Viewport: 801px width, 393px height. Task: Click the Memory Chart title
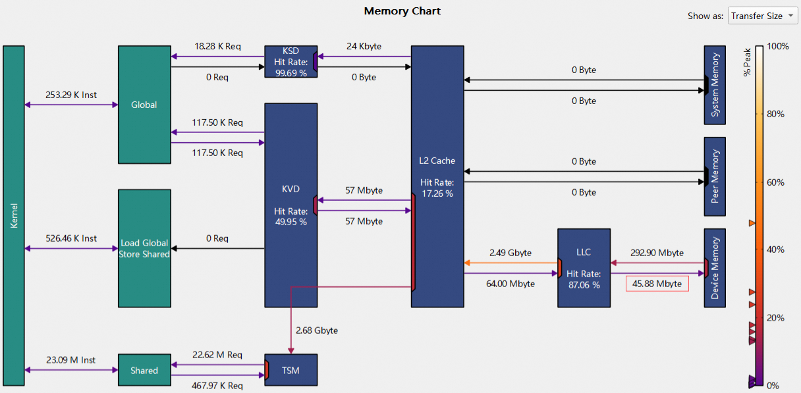[x=402, y=11]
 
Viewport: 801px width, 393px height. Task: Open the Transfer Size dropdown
[x=763, y=16]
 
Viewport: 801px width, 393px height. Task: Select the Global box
[x=144, y=105]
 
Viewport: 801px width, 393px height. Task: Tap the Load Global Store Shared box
[x=144, y=248]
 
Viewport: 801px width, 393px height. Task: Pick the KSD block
[x=290, y=62]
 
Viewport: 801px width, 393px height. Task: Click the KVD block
[x=290, y=205]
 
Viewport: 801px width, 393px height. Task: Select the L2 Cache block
[x=437, y=176]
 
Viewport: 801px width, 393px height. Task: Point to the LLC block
[x=584, y=268]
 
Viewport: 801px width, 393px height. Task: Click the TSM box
[x=290, y=370]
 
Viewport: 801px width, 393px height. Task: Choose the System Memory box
[x=715, y=85]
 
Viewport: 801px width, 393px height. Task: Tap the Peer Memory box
[x=715, y=176]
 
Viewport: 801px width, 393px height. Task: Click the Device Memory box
[x=715, y=268]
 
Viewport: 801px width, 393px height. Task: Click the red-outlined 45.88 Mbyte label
[x=657, y=284]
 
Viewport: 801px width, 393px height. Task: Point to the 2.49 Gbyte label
[x=510, y=253]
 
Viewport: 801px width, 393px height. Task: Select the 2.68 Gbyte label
[x=317, y=330]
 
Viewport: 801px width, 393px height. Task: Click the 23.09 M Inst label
[x=71, y=360]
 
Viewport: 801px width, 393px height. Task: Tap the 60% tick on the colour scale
[x=776, y=182]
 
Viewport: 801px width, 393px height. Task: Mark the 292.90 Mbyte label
[x=657, y=253]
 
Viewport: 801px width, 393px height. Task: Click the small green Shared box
[x=144, y=370]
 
